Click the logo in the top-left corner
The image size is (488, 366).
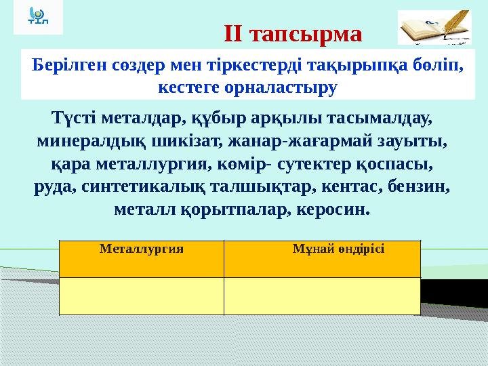coord(37,18)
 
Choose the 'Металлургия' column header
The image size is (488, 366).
coord(142,248)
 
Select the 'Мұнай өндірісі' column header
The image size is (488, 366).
coord(338,248)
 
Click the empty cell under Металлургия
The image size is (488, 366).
coord(142,296)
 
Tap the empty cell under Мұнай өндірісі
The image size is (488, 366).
coord(322,296)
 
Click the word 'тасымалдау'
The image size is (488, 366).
coord(386,119)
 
